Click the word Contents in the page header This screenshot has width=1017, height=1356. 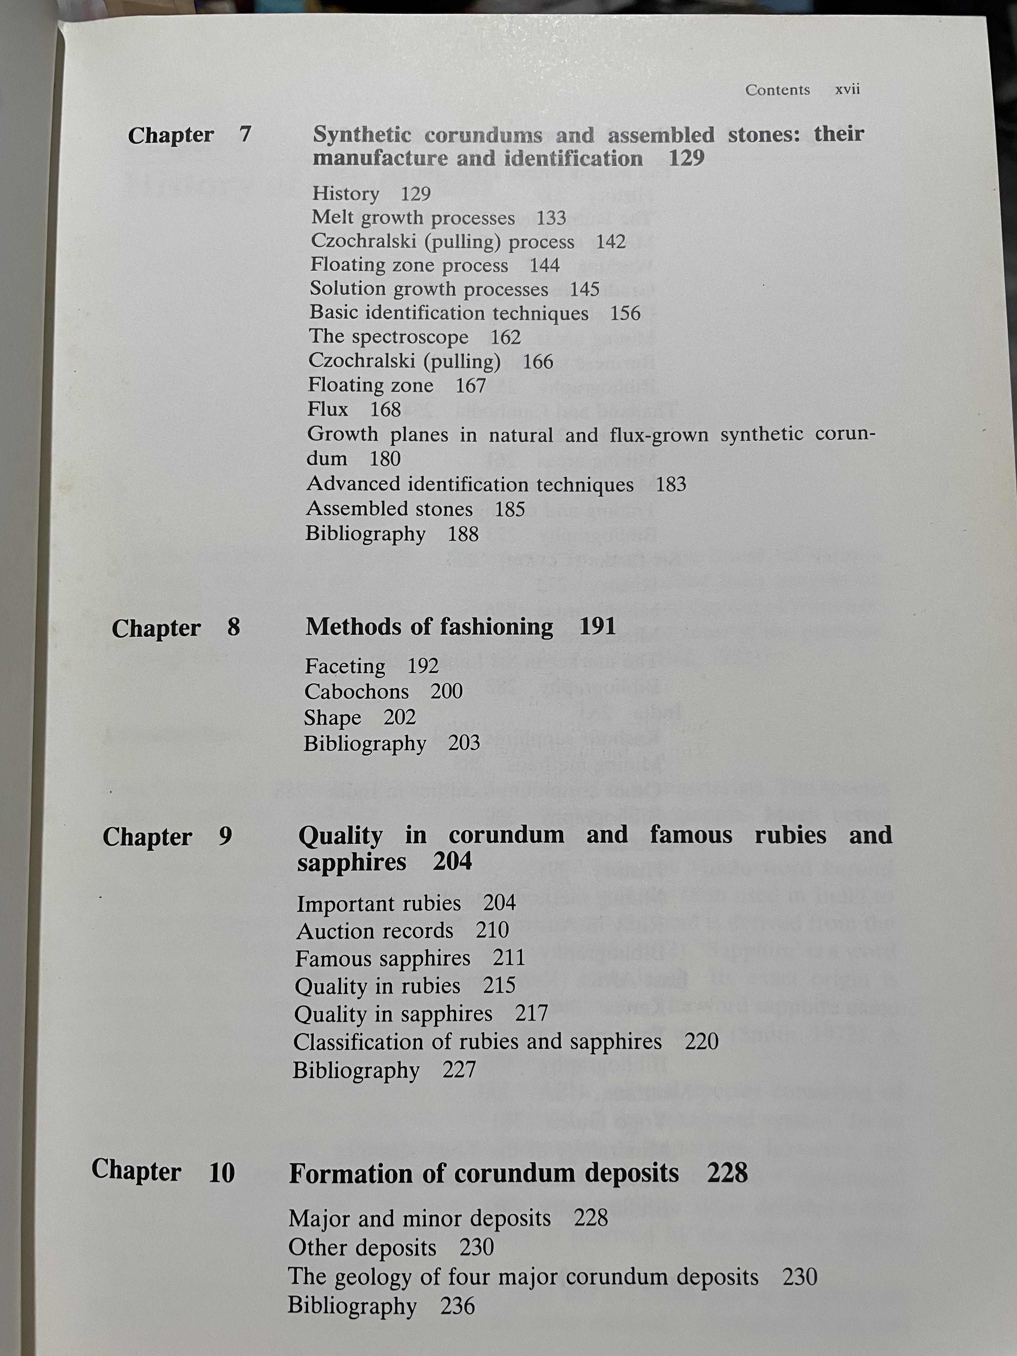coord(777,90)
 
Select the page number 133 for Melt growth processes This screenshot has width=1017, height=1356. coord(551,218)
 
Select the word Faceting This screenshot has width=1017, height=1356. coord(345,666)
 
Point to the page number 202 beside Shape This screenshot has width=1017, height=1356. coord(400,717)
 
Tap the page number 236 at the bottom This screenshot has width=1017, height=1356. coord(457,1306)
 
